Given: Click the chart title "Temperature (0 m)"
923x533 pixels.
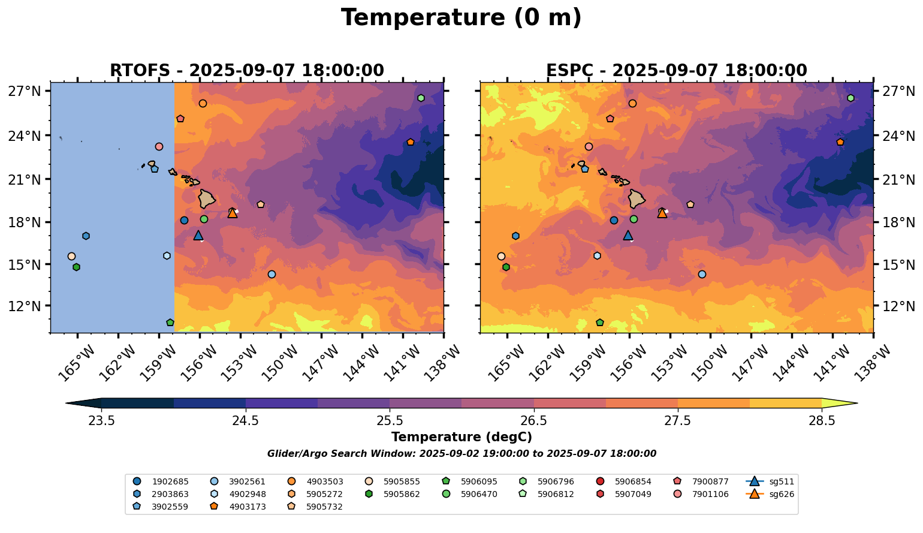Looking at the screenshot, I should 461,18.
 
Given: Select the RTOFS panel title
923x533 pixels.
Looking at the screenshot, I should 246,71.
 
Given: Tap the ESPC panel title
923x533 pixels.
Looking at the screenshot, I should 676,71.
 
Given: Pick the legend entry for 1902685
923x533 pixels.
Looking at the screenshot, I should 162,481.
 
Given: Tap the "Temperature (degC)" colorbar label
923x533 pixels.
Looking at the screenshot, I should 461,437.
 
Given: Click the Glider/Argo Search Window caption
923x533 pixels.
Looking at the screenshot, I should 461,454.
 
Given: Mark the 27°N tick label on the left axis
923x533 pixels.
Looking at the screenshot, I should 24,91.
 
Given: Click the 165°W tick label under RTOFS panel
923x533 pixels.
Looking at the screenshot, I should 76,363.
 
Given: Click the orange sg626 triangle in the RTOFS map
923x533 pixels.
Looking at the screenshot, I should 233,213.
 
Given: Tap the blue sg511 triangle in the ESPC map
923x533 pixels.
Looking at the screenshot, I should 628,236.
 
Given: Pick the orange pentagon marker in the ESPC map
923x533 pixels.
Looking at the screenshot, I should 840,142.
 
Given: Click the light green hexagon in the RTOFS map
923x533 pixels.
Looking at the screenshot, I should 421,98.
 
